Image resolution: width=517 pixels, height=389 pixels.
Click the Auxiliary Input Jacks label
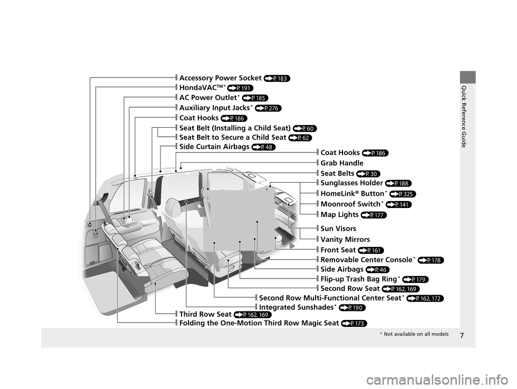pos(215,108)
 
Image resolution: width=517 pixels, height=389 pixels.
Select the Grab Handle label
pos(342,163)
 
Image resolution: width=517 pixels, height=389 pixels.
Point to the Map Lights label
pos(341,215)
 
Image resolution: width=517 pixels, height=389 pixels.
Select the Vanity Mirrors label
pos(345,239)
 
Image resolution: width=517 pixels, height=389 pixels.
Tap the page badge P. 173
pos(354,323)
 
